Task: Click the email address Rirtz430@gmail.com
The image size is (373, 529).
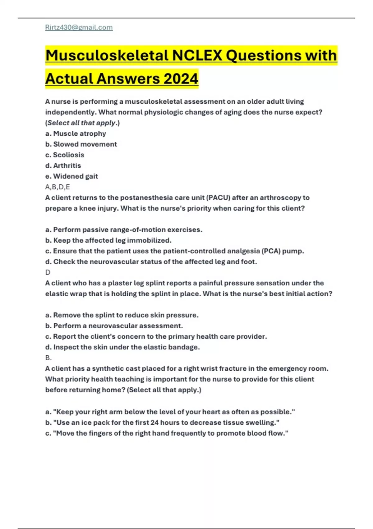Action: coord(79,27)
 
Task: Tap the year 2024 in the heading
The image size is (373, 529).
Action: coord(181,78)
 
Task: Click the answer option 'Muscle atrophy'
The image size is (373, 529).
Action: coord(79,133)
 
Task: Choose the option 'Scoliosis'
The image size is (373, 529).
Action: coord(68,155)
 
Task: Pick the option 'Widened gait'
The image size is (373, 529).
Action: coord(75,176)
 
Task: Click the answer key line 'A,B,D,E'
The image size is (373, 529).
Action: coord(58,187)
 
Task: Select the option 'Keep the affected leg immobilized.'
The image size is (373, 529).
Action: coord(112,241)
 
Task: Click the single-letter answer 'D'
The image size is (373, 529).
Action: coord(48,273)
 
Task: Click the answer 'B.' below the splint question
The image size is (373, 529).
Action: coord(48,358)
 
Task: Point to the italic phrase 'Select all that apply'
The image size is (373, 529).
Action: coord(81,123)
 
